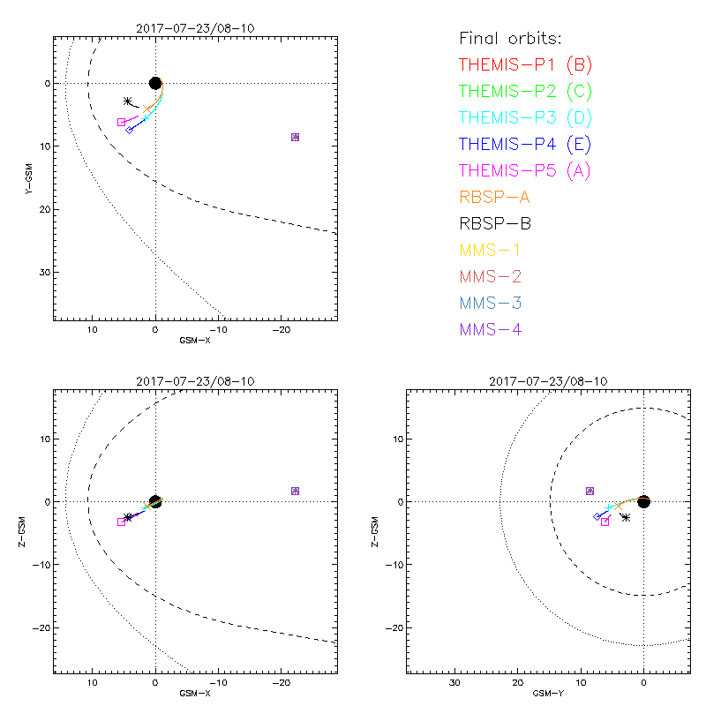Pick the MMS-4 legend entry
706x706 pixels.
pyautogui.click(x=497, y=329)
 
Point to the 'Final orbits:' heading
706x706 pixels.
pyautogui.click(x=510, y=38)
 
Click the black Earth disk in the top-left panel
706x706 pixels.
pyautogui.click(x=155, y=83)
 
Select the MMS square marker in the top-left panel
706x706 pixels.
pyautogui.click(x=295, y=137)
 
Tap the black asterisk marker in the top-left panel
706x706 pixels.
pyautogui.click(x=128, y=101)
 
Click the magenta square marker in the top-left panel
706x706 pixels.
pyautogui.click(x=121, y=122)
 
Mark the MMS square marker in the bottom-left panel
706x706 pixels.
pyautogui.click(x=295, y=491)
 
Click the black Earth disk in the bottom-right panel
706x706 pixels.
pyautogui.click(x=644, y=501)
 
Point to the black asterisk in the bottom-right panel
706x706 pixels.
pyautogui.click(x=626, y=517)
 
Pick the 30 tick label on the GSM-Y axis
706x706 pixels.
pyautogui.click(x=454, y=683)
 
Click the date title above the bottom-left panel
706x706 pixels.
pyautogui.click(x=195, y=381)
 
